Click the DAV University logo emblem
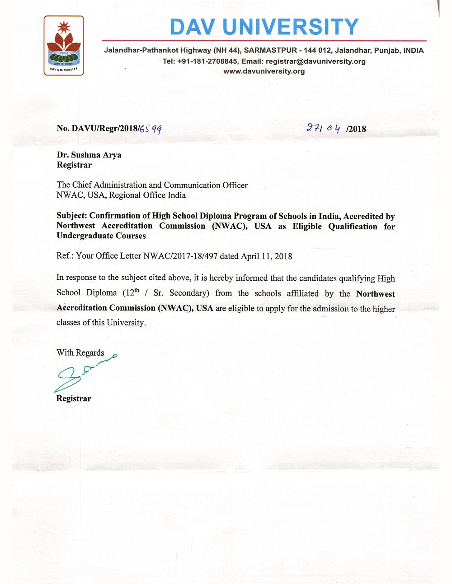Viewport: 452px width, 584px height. pos(64,45)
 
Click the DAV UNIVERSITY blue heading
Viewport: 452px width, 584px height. pos(264,27)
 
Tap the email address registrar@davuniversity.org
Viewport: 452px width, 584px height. pos(315,61)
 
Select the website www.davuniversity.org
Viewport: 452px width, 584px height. pos(264,71)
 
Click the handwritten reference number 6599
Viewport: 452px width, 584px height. pos(151,129)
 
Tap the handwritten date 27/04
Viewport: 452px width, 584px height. pos(323,128)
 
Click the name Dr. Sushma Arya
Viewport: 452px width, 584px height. pos(89,155)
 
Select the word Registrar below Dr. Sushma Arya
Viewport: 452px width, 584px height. pos(74,165)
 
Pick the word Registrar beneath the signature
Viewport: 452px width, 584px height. pos(74,399)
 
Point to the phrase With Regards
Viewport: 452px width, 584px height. pos(80,352)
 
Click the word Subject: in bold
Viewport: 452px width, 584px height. pos(72,216)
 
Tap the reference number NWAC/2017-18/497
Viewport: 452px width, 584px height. pos(180,256)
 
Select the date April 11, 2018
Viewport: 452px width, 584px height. pos(266,256)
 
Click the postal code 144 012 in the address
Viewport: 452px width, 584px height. pos(317,51)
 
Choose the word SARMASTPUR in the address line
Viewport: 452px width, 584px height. pos(270,51)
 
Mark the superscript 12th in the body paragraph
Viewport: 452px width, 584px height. pos(132,292)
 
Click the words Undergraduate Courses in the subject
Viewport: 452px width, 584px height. pos(101,236)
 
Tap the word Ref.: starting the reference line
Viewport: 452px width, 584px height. pos(65,256)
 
